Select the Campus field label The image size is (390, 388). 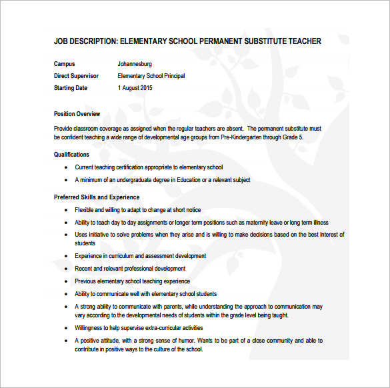(x=65, y=64)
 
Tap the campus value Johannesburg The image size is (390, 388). (x=135, y=64)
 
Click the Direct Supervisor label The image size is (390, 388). (x=75, y=76)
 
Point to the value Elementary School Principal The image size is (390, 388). (x=151, y=76)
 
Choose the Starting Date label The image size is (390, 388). (x=71, y=88)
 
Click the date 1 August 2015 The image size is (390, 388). (x=135, y=88)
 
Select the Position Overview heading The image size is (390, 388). (x=77, y=114)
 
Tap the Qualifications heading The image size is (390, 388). (x=71, y=155)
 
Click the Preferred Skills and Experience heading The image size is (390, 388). (x=97, y=197)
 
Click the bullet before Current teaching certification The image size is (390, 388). (x=66, y=168)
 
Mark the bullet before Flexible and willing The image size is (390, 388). (x=66, y=211)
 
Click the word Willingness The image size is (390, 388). (x=90, y=328)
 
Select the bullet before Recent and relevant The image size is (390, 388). (x=66, y=269)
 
